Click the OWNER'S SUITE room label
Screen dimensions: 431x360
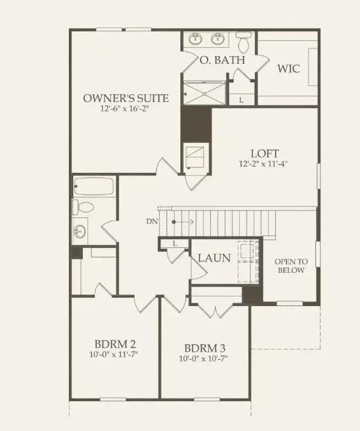pos(126,98)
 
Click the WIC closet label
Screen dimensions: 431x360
pos(288,68)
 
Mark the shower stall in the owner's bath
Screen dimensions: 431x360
pos(206,92)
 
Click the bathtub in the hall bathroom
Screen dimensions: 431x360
pos(94,187)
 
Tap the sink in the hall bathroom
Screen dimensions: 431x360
pos(80,231)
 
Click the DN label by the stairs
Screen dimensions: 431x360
pos(150,221)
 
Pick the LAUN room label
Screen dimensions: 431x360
pos(213,258)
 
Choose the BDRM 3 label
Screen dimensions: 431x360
pos(205,349)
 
